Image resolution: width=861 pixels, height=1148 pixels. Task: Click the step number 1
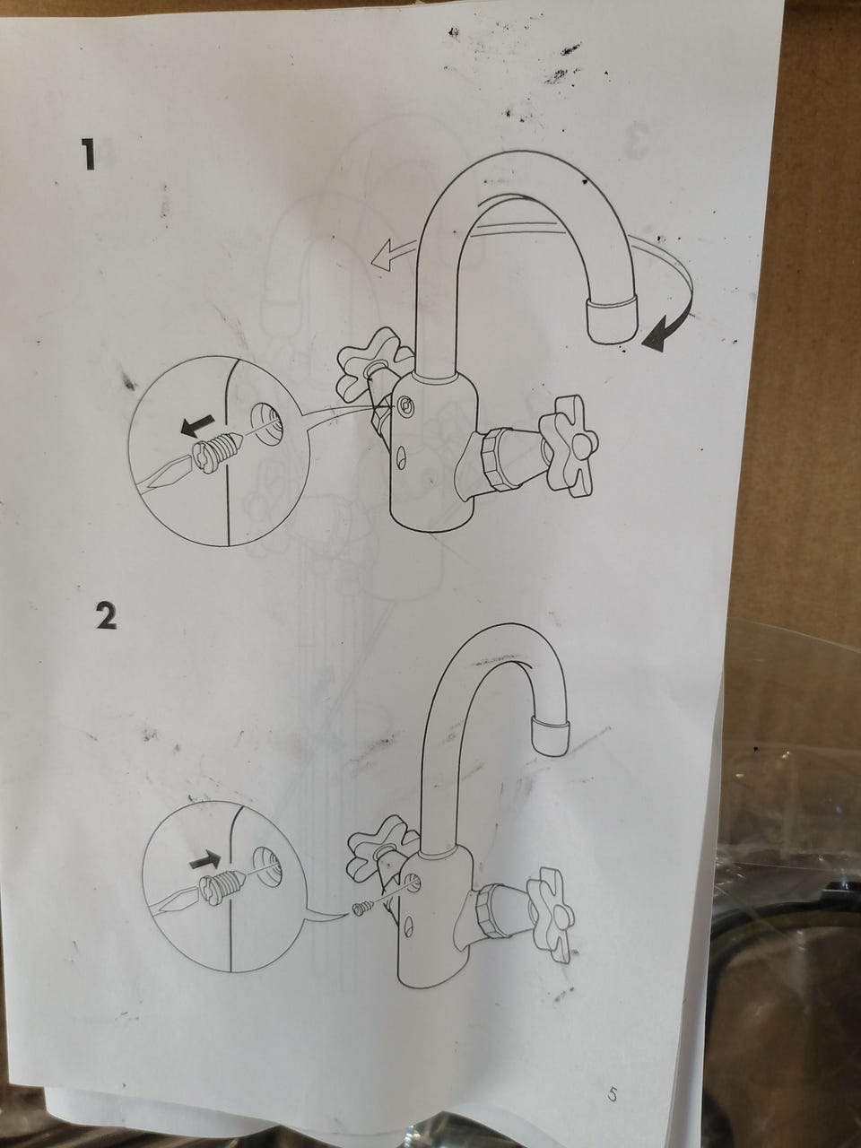(89, 153)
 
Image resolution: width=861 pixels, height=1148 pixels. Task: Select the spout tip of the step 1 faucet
(610, 320)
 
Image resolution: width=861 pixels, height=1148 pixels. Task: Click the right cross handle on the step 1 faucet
(569, 448)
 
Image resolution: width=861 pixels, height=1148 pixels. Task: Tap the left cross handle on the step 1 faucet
(371, 362)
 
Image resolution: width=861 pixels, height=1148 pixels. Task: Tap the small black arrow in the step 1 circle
(197, 424)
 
